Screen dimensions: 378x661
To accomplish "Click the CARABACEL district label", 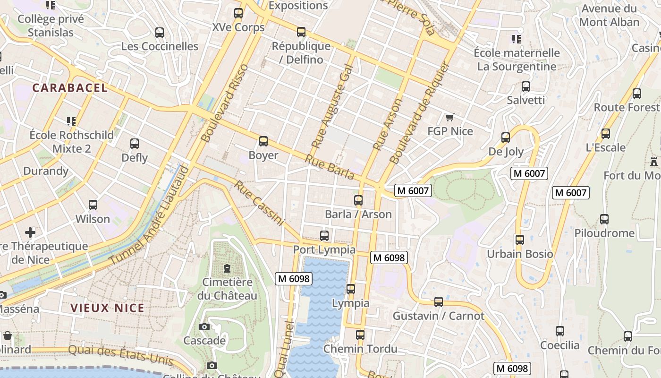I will coord(70,88).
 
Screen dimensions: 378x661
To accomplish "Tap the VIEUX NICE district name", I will coord(107,308).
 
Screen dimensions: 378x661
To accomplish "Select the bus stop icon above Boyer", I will coord(263,141).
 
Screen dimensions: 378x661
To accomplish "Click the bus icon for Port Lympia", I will coord(324,236).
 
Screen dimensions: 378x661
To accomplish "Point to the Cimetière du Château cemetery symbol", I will coord(227,269).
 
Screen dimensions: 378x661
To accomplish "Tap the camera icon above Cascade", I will coord(204,327).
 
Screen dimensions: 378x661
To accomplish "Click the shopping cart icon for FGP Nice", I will coord(449,117).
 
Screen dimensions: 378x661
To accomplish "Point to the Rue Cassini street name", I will coord(259,203).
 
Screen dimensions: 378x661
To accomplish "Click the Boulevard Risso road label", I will coord(224,103).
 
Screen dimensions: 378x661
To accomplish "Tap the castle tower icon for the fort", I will coord(654,162).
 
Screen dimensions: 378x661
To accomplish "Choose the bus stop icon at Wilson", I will coord(93,205).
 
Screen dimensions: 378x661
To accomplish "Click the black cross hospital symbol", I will coord(30,232).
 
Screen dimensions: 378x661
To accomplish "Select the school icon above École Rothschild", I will coord(71,121).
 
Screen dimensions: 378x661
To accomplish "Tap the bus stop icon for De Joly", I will coord(506,137).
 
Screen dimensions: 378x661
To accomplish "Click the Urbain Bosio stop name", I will coord(520,254).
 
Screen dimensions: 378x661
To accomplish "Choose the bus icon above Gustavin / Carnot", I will coord(439,302).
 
